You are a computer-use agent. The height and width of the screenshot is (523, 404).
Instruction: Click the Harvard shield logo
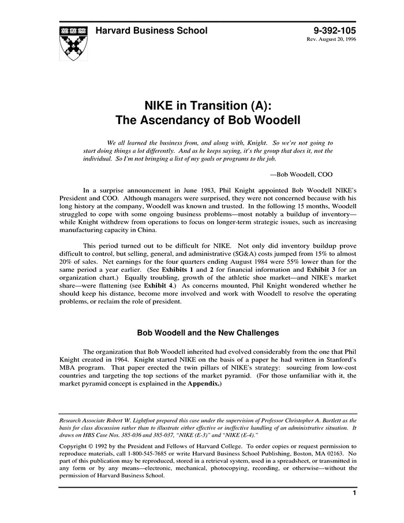point(73,42)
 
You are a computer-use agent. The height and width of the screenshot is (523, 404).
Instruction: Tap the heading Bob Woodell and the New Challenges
point(207,333)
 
